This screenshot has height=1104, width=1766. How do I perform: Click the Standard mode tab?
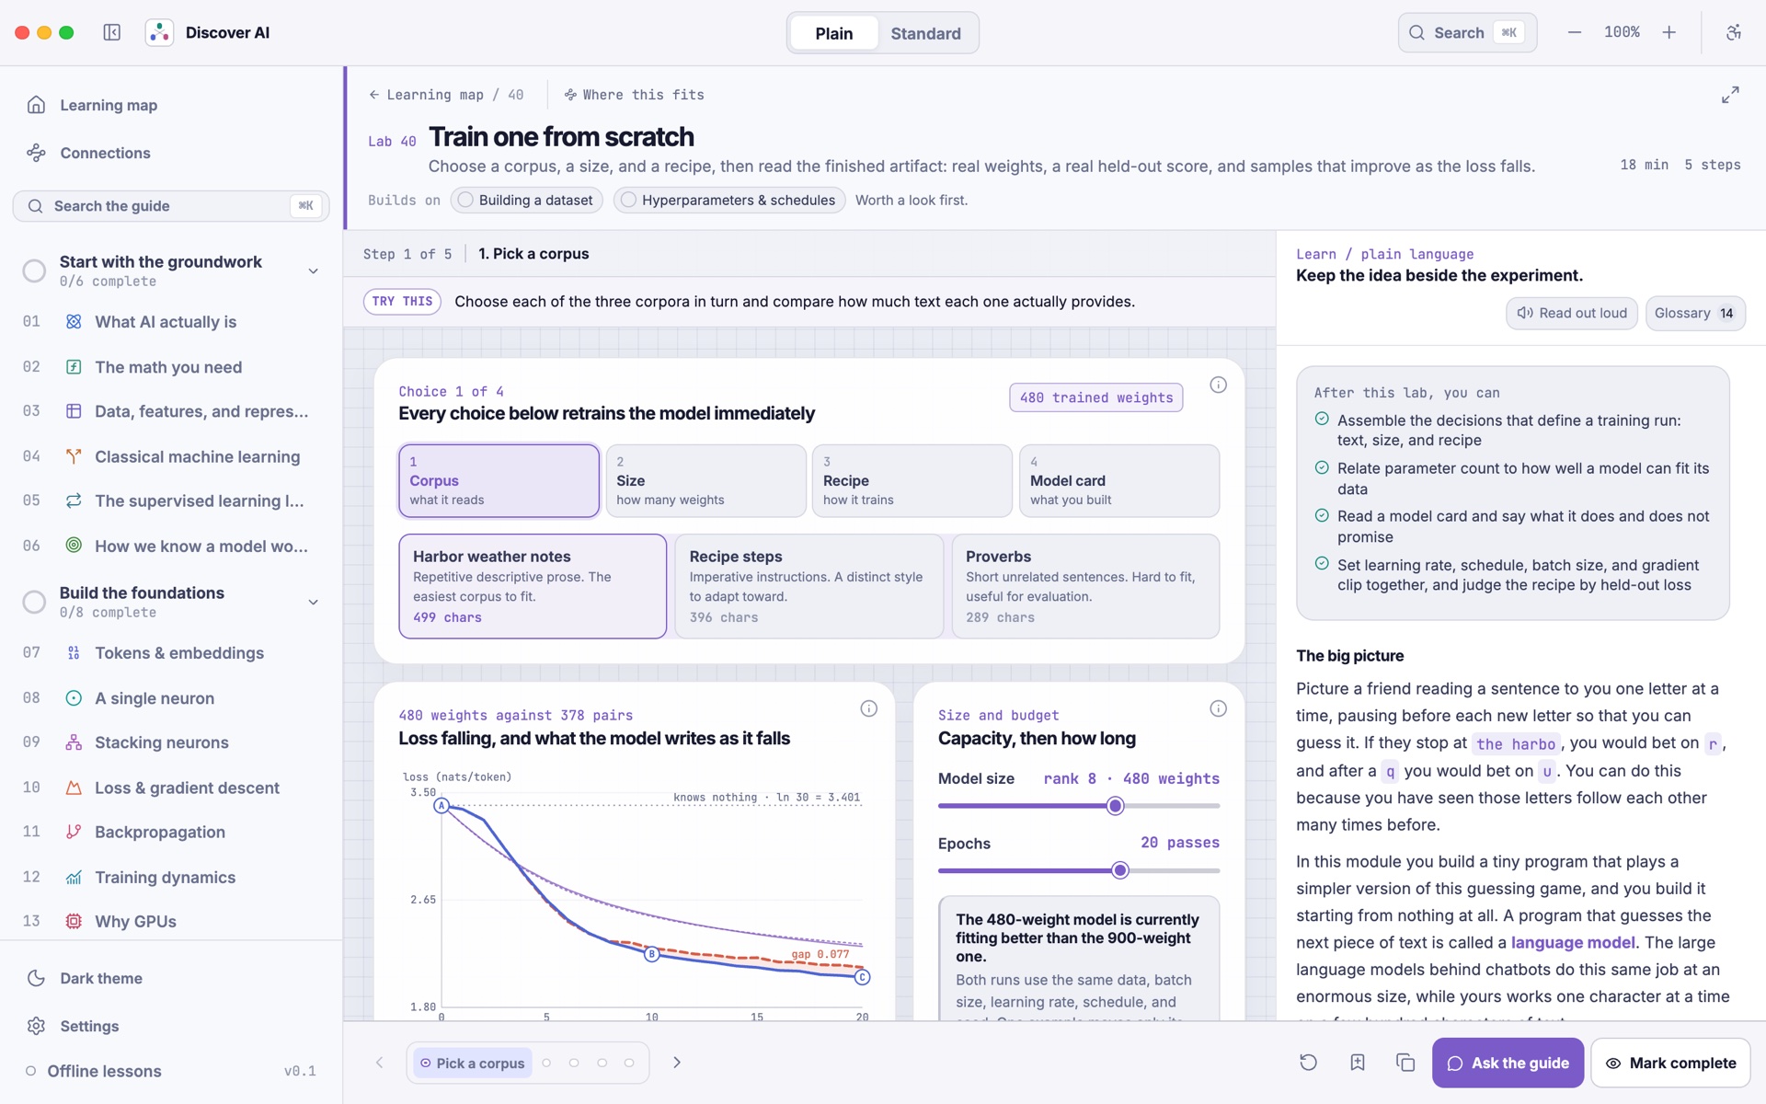[x=925, y=33]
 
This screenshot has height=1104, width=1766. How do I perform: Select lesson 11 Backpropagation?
[x=159, y=832]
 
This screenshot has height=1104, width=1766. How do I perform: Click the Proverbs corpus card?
[x=1085, y=586]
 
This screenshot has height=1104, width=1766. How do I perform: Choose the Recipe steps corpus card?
[x=809, y=586]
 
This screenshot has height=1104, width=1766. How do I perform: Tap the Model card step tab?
[x=1119, y=481]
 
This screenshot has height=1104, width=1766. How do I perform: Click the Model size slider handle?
[x=1115, y=806]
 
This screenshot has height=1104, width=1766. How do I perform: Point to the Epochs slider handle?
[x=1119, y=870]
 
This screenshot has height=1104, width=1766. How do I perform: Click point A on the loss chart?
[x=441, y=806]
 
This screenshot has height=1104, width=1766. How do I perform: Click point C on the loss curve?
[x=862, y=977]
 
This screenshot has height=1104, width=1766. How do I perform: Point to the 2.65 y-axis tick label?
[x=423, y=900]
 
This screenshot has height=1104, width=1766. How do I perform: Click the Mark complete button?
[x=1670, y=1063]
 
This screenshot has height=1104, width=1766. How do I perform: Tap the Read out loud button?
[x=1572, y=313]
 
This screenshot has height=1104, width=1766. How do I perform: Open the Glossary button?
[x=1695, y=313]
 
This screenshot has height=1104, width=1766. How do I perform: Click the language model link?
[x=1573, y=942]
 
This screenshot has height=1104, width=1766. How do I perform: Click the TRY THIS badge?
[x=402, y=302]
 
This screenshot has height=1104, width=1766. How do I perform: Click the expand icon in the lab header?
[x=1730, y=95]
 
